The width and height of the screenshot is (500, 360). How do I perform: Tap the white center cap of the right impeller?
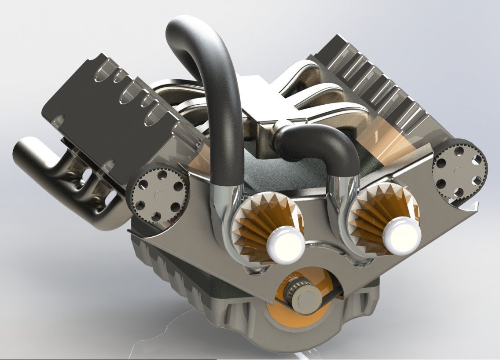coord(401,237)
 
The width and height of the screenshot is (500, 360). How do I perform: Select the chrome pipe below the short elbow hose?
coord(341,207)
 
